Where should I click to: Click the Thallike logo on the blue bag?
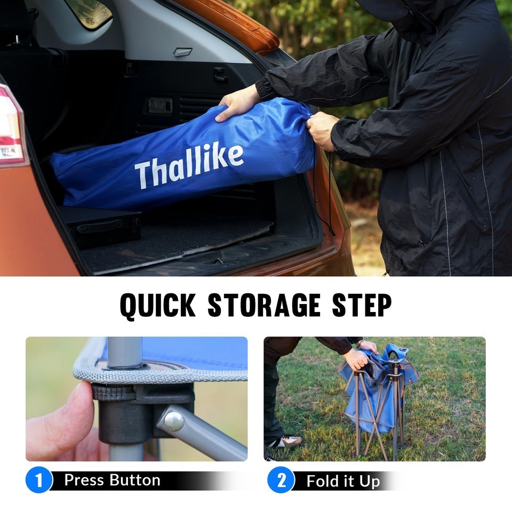[189, 166]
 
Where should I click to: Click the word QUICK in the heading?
[158, 306]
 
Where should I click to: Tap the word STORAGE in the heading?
[264, 305]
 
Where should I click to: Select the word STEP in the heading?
[362, 305]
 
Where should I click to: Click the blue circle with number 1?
[39, 479]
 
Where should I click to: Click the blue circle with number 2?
[281, 479]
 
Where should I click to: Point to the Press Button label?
[113, 480]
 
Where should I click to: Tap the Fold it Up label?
[343, 481]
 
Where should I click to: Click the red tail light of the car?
[11, 127]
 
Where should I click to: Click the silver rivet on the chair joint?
[174, 421]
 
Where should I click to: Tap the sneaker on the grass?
[286, 442]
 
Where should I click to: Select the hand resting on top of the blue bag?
[237, 103]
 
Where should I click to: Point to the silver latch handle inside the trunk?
[182, 52]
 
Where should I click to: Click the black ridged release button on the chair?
[113, 393]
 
